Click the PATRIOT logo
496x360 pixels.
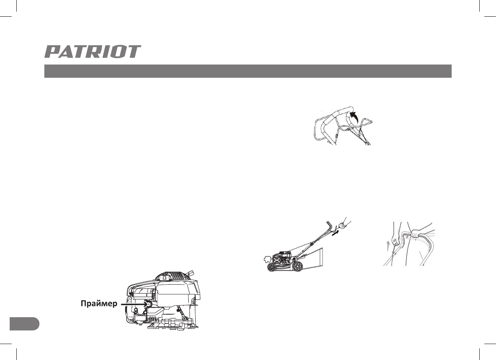[93, 52]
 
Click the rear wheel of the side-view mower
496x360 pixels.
[298, 266]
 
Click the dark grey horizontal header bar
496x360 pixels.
[248, 72]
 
